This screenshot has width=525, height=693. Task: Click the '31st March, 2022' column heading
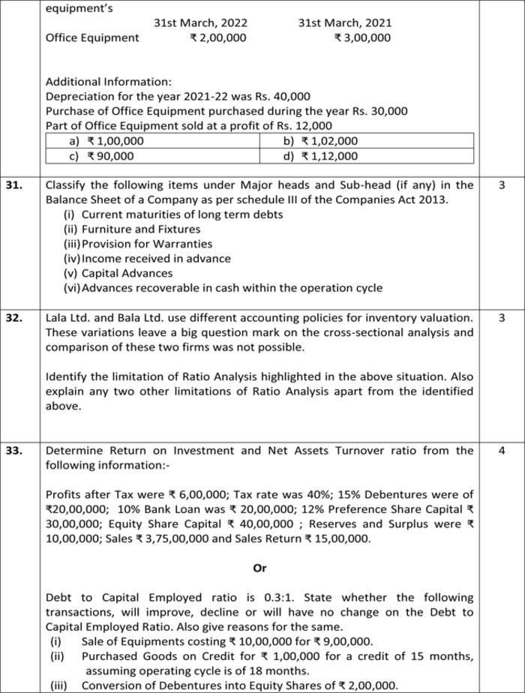pyautogui.click(x=200, y=22)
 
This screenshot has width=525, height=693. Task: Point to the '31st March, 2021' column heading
pyautogui.click(x=344, y=22)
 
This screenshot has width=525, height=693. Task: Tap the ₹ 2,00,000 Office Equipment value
pyautogui.click(x=217, y=37)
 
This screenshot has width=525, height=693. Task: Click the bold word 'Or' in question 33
pyautogui.click(x=259, y=568)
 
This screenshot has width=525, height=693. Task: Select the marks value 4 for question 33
pyautogui.click(x=502, y=451)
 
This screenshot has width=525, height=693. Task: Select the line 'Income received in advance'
pyautogui.click(x=145, y=259)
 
